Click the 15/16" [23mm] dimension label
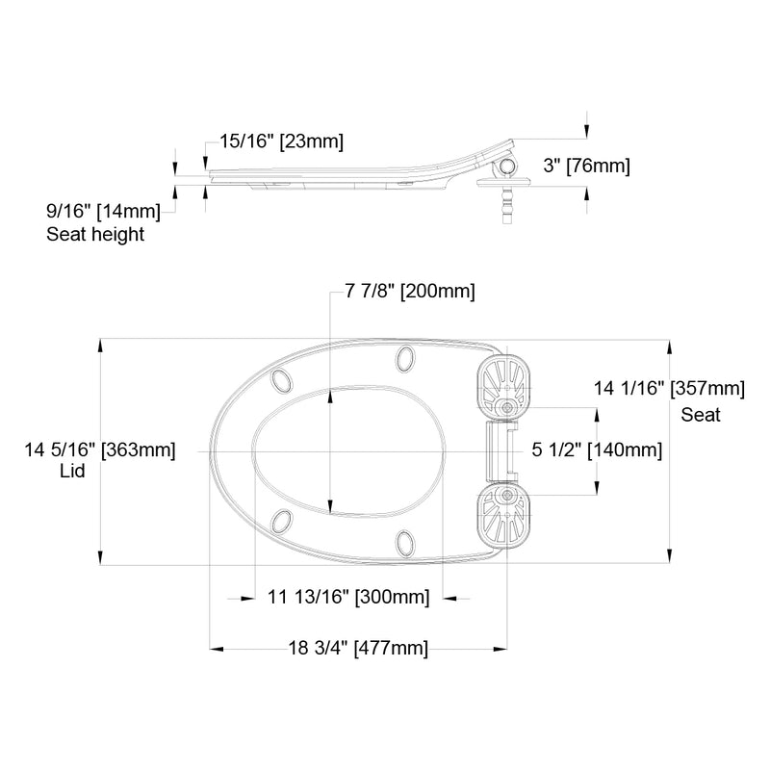pyautogui.click(x=281, y=141)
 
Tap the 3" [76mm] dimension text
pyautogui.click(x=586, y=166)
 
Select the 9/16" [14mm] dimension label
pyautogui.click(x=103, y=211)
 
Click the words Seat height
pyautogui.click(x=95, y=234)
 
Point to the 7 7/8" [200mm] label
pyautogui.click(x=410, y=292)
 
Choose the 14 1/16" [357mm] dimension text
pyautogui.click(x=669, y=389)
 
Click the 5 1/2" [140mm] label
pyautogui.click(x=597, y=449)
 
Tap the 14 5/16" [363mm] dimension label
pyautogui.click(x=100, y=449)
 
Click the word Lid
pyautogui.click(x=72, y=471)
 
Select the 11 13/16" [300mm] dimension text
pyautogui.click(x=348, y=597)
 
